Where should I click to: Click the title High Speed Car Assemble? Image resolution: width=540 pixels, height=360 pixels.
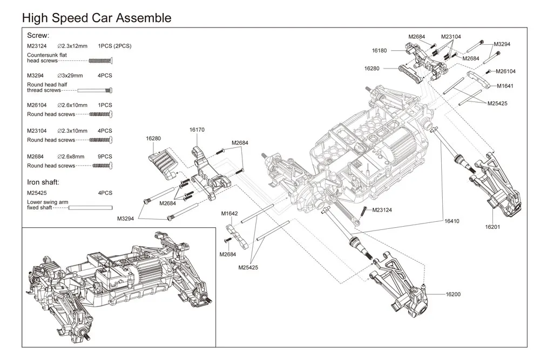pyautogui.click(x=97, y=18)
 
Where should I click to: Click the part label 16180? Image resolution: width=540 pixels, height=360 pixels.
pyautogui.click(x=379, y=51)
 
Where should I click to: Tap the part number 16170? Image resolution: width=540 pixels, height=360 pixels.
pyautogui.click(x=197, y=130)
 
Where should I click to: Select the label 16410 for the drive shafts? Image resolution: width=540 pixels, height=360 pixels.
pyautogui.click(x=451, y=221)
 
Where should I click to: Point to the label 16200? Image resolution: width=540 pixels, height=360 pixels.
pyautogui.click(x=453, y=294)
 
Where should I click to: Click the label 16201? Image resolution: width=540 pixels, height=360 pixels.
pyautogui.click(x=492, y=227)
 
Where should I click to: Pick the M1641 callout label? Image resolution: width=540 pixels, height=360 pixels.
pyautogui.click(x=505, y=86)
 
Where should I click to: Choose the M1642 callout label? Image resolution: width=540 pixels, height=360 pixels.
pyautogui.click(x=230, y=213)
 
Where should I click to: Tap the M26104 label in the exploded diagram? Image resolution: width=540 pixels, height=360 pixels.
pyautogui.click(x=505, y=71)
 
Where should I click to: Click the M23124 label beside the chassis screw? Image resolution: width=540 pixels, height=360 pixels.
pyautogui.click(x=382, y=210)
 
